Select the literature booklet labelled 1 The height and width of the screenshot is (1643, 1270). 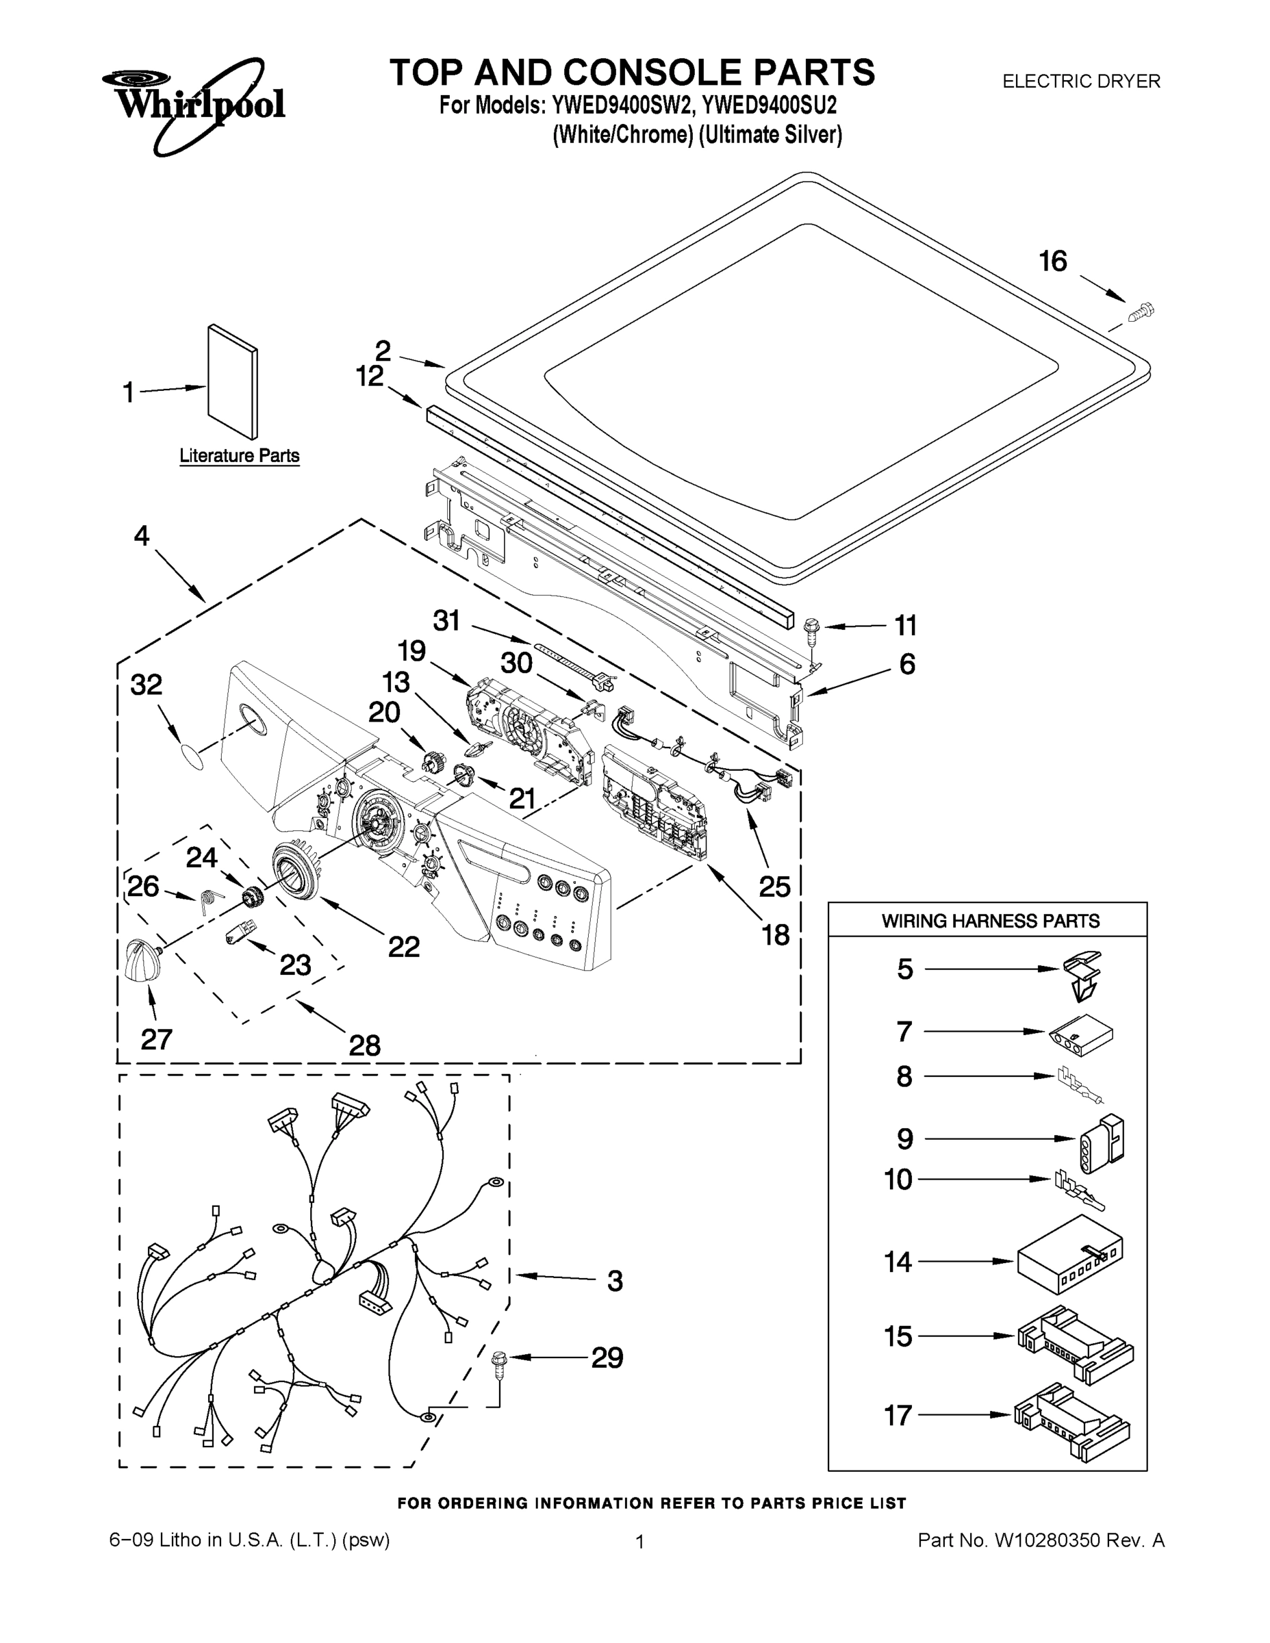[x=233, y=382]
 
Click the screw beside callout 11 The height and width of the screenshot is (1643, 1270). [x=811, y=629]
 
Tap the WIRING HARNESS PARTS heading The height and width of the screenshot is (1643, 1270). [x=990, y=921]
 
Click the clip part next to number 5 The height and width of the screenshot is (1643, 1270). [x=1082, y=976]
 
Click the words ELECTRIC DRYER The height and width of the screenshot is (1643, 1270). [x=1081, y=81]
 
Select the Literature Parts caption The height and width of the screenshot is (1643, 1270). [x=239, y=456]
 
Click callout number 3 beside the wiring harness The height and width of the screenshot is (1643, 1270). [x=615, y=1280]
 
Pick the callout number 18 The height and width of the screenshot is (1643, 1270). [x=776, y=935]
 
